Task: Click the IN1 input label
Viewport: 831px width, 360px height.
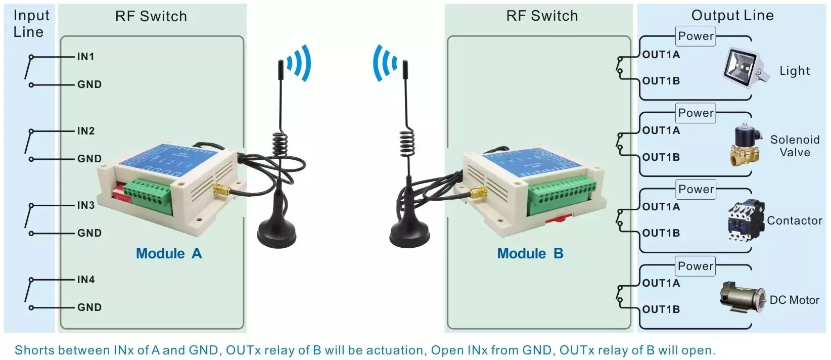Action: [x=86, y=57]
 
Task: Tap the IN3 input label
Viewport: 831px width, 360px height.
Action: [x=86, y=205]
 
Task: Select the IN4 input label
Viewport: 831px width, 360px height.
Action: [x=86, y=280]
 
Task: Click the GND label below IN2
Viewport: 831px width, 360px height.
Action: [x=89, y=158]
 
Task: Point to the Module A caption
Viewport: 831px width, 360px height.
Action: [x=169, y=253]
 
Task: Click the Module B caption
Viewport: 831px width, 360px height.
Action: [x=530, y=253]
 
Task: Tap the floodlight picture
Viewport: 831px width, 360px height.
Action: [x=746, y=68]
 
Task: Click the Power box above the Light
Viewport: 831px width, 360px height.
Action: [x=696, y=36]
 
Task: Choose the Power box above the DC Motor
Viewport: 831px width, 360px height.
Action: [x=695, y=266]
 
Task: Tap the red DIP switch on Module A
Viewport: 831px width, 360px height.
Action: [x=122, y=192]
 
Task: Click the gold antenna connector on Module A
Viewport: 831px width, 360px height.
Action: [x=221, y=191]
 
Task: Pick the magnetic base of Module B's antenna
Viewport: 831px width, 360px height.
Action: [x=409, y=233]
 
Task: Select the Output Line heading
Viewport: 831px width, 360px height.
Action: [x=732, y=15]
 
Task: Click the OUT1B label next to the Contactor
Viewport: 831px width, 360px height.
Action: [x=661, y=233]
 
